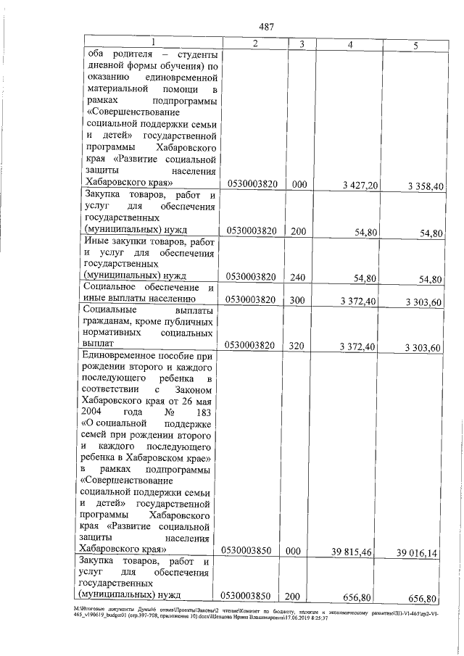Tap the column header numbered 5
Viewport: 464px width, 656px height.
[x=415, y=45]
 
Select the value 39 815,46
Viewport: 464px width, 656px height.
[x=352, y=552]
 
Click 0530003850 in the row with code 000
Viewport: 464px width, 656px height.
[x=251, y=552]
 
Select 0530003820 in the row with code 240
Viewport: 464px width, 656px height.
[x=251, y=278]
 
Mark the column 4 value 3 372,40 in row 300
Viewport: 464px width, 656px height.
[x=357, y=299]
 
